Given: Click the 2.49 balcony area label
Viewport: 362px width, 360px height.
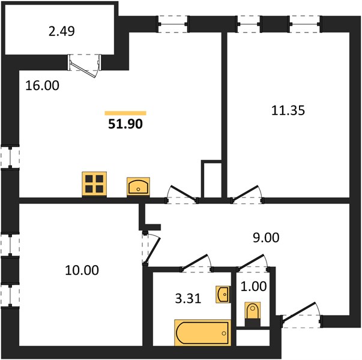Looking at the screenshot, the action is [x=62, y=31].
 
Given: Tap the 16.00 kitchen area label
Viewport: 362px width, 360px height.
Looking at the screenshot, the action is [x=42, y=85].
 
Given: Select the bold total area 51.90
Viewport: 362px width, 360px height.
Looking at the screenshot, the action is [x=125, y=124].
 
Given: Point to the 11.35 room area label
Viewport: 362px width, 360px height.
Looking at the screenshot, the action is [x=288, y=110].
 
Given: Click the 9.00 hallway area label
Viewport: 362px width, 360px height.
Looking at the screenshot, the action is [x=266, y=238].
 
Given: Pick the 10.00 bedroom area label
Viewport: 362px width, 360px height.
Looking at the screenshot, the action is [x=82, y=270].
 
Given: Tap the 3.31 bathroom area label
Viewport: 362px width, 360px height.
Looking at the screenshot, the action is [x=188, y=299].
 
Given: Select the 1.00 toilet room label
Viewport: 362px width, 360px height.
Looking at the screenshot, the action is [x=253, y=286].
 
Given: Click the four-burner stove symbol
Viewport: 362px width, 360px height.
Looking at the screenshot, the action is [x=94, y=184].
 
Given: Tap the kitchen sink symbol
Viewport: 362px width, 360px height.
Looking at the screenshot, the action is [x=138, y=187].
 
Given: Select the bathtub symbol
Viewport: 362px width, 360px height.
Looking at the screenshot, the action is [x=203, y=332].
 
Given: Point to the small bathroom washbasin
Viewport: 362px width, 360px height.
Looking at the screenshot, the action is [x=223, y=294].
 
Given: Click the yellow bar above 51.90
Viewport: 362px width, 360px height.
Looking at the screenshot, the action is [x=125, y=113].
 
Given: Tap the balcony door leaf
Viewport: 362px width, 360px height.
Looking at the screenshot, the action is [x=83, y=67].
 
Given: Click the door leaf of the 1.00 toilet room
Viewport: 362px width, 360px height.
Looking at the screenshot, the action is [x=251, y=262].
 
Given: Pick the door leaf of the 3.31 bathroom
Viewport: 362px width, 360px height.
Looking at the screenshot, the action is [x=194, y=262].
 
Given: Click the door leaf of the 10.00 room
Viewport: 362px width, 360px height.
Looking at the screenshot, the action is [x=152, y=250].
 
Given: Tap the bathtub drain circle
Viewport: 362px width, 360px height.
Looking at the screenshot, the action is [x=224, y=333].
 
